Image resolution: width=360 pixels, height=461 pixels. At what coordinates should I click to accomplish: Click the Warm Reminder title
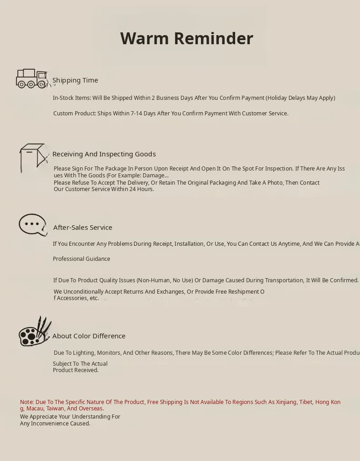[186, 38]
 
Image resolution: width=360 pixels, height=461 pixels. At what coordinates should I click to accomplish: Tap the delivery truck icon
[32, 78]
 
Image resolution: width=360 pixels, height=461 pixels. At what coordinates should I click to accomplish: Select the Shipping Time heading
[75, 80]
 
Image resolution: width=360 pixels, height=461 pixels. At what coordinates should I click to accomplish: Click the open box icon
[33, 158]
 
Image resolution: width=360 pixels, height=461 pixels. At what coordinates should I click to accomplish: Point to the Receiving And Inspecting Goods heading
[104, 154]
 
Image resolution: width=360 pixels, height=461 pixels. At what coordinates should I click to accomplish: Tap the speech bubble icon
[33, 225]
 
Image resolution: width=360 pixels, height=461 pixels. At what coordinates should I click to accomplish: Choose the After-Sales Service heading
[82, 228]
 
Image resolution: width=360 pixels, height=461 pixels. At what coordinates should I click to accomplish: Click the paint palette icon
[34, 332]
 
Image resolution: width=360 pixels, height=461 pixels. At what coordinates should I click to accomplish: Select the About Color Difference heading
[89, 336]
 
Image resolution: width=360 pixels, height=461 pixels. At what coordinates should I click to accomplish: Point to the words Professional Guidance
[82, 259]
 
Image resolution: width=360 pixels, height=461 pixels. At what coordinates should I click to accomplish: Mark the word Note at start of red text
[27, 402]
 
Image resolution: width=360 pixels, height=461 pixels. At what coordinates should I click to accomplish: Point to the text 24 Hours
[141, 189]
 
